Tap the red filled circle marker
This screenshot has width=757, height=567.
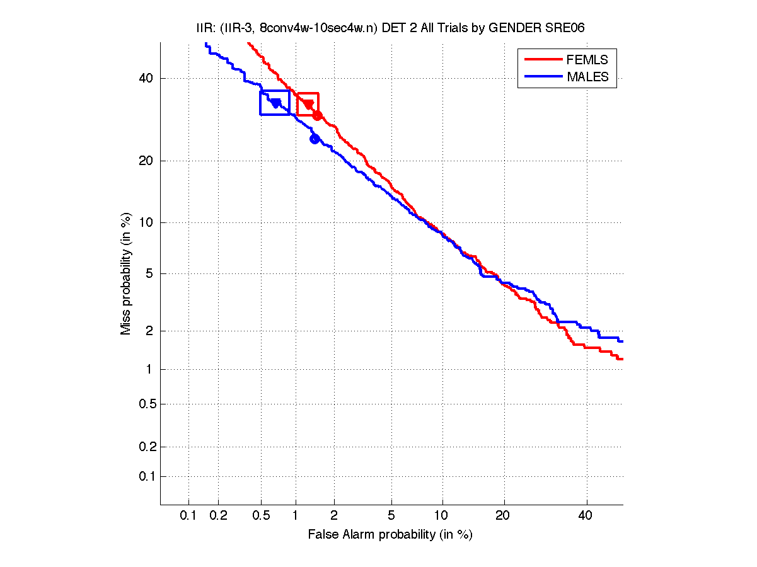click(318, 115)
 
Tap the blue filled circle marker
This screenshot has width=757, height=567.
click(315, 139)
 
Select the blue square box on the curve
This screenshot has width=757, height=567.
click(275, 103)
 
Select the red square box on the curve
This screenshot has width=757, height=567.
click(308, 104)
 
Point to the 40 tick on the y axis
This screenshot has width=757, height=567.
click(146, 78)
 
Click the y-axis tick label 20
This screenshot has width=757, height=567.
click(146, 161)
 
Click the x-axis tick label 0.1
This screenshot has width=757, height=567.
click(188, 516)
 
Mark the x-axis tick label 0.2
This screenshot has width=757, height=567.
click(218, 516)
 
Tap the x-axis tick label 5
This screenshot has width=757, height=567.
click(391, 516)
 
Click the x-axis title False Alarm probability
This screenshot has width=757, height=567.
click(390, 535)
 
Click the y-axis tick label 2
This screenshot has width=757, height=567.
click(150, 331)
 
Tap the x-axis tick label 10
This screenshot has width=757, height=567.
click(442, 516)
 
